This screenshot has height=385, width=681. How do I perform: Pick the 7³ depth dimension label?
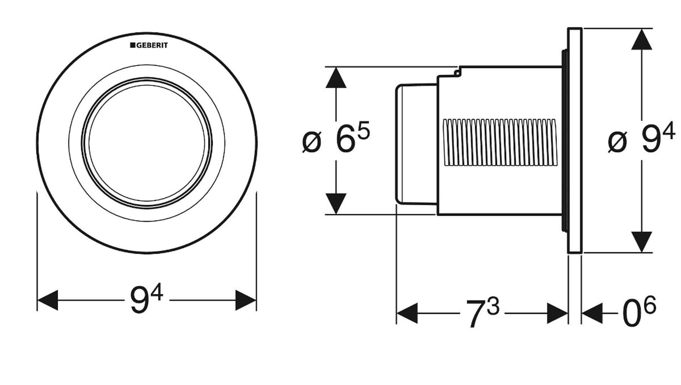482,313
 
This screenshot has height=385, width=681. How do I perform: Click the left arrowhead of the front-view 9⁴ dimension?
48,300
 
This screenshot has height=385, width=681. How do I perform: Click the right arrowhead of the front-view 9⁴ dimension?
246,300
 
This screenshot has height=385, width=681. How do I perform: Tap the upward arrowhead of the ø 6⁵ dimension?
336,78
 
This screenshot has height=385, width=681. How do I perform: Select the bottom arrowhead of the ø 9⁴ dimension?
641,241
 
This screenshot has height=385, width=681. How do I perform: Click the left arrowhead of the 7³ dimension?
407,313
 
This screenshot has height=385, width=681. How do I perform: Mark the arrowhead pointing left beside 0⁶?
592,313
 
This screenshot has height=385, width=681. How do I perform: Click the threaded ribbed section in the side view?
499,143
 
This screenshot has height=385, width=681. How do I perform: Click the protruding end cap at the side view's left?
415,144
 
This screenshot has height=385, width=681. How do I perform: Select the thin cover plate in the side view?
575,140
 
